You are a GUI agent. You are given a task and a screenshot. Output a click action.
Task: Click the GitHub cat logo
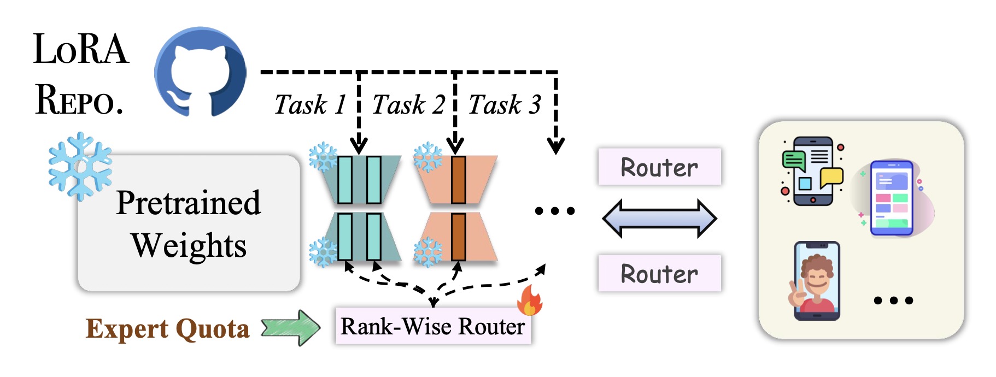(200, 72)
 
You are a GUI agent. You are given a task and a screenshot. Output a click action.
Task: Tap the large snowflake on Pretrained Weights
(80, 166)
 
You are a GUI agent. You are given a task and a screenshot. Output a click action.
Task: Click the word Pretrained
(189, 203)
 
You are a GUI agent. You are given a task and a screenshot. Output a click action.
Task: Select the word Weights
(189, 245)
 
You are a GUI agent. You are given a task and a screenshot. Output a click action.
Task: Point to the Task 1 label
(309, 104)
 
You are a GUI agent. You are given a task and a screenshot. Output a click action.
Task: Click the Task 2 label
(408, 104)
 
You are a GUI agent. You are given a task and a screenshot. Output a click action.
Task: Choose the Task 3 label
(505, 104)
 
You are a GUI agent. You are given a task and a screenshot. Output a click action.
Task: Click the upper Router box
(659, 167)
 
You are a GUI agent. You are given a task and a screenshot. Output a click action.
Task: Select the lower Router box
(659, 273)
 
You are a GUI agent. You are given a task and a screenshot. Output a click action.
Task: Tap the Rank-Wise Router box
(432, 327)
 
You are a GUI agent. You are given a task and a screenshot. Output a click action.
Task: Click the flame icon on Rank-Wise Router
(530, 301)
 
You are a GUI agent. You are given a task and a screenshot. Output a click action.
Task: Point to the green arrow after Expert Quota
(290, 328)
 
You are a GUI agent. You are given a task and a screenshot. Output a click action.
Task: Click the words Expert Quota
(167, 329)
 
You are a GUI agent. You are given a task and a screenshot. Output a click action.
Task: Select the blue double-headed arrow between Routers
(659, 219)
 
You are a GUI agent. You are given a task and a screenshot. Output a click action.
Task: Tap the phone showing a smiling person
(817, 281)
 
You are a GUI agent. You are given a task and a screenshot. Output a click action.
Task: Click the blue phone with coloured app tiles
(892, 198)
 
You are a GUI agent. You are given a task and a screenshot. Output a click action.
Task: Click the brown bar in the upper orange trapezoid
(458, 180)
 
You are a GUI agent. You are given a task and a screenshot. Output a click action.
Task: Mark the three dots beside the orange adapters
(554, 211)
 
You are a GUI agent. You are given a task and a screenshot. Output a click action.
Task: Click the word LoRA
(81, 50)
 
